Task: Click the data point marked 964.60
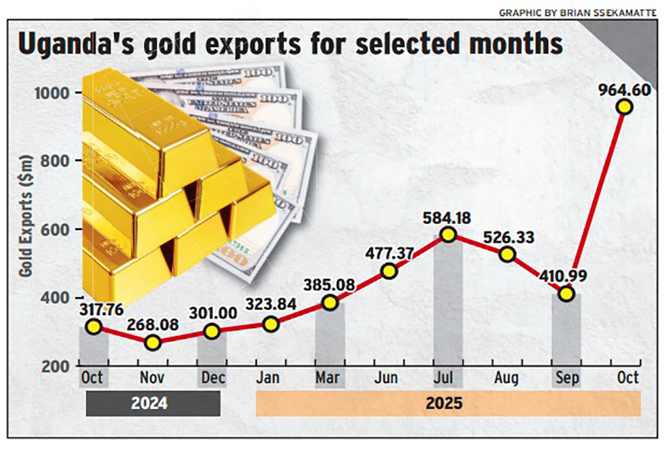tap(624, 107)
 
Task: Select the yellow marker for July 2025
tap(448, 234)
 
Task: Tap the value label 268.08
tap(153, 321)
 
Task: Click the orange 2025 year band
tap(448, 404)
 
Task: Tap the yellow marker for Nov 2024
tap(153, 342)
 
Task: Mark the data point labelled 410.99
tap(567, 294)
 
